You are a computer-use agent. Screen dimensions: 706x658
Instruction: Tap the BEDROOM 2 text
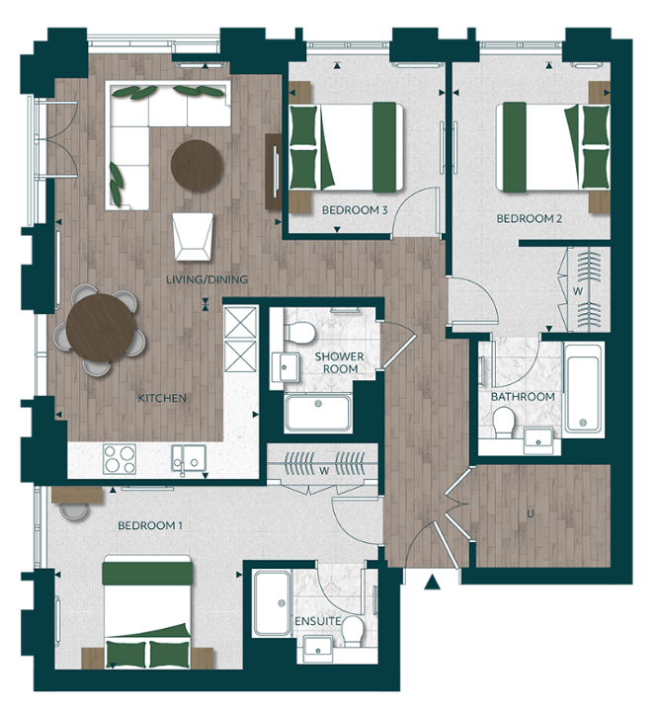[x=529, y=218]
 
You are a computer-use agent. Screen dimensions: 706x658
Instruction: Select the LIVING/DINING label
[x=206, y=280]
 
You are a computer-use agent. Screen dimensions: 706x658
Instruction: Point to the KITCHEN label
[x=162, y=398]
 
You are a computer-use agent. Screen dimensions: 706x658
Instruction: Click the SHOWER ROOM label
[x=339, y=362]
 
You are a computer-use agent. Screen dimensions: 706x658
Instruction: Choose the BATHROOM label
[x=523, y=397]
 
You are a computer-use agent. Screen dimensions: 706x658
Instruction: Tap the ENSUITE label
[x=317, y=621]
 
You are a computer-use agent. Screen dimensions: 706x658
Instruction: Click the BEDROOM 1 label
[x=150, y=525]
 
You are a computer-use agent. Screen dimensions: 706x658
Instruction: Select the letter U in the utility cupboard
[x=531, y=514]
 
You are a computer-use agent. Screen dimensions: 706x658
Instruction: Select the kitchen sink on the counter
[x=185, y=459]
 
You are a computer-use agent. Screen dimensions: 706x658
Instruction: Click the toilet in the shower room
[x=304, y=331]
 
